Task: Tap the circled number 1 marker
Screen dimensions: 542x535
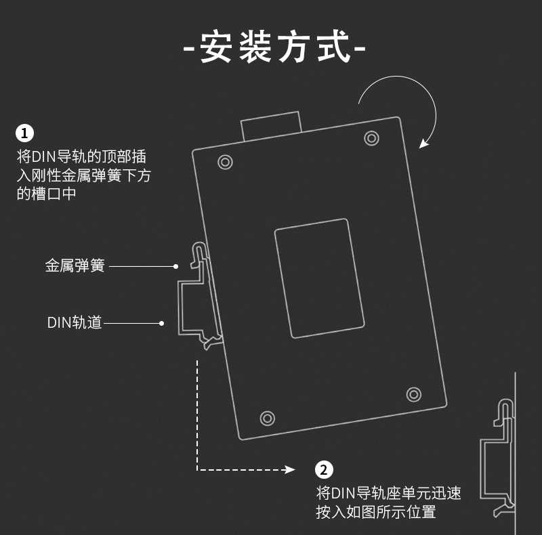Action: pyautogui.click(x=25, y=132)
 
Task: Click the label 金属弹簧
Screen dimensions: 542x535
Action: pyautogui.click(x=75, y=266)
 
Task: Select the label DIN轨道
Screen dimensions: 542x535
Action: pyautogui.click(x=75, y=323)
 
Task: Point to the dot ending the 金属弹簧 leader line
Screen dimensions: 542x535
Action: pyautogui.click(x=175, y=267)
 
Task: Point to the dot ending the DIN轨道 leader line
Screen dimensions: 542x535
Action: pyautogui.click(x=161, y=323)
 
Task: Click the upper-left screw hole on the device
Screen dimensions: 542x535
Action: pyautogui.click(x=225, y=162)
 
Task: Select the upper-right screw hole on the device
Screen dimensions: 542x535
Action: pyautogui.click(x=371, y=138)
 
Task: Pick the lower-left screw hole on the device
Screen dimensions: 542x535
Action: pyautogui.click(x=268, y=417)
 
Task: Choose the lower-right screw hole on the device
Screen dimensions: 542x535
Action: pyautogui.click(x=413, y=393)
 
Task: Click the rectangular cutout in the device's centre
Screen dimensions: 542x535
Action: pyautogui.click(x=319, y=278)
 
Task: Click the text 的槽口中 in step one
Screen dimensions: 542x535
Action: pyautogui.click(x=46, y=194)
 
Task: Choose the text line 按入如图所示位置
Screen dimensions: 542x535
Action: pyautogui.click(x=375, y=512)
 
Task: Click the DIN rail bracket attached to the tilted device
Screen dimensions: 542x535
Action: pyautogui.click(x=191, y=308)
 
